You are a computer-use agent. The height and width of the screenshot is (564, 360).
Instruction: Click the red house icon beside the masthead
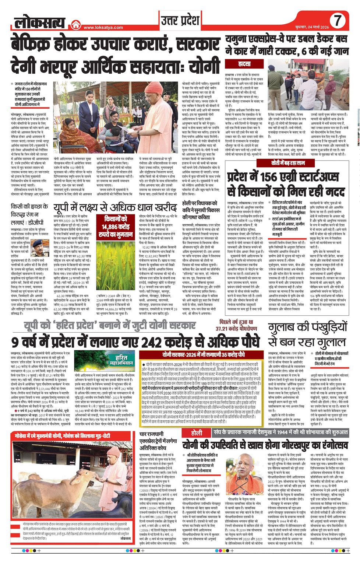tap(76, 25)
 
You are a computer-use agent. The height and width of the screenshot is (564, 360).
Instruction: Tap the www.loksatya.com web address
tap(103, 27)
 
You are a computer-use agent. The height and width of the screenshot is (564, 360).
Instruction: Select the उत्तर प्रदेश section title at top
tap(180, 21)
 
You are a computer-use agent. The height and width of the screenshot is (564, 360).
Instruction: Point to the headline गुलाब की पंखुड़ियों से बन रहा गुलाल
tap(307, 335)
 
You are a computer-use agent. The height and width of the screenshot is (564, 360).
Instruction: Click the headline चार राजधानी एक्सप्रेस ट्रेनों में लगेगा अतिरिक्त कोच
tap(158, 441)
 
